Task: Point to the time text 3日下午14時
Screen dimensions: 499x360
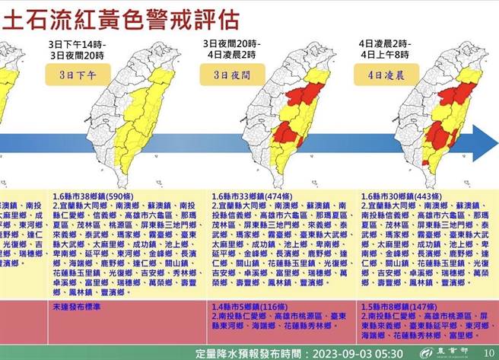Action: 84,44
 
